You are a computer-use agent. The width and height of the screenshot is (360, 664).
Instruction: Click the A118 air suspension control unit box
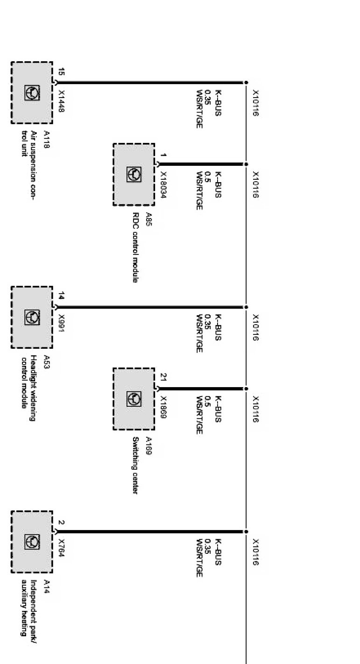coord(32,92)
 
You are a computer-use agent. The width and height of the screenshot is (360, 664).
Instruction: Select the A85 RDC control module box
coord(134,174)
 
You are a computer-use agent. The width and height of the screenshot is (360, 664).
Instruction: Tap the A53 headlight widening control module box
coord(32,317)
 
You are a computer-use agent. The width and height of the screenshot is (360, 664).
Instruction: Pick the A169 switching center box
coord(134,399)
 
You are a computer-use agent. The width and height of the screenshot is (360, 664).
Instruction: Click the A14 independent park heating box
coord(32,542)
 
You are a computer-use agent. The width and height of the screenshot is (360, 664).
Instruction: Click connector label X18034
coord(163,185)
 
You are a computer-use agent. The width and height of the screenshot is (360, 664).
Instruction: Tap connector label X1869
coord(163,408)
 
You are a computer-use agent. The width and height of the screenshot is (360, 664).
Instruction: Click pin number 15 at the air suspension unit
coord(61,72)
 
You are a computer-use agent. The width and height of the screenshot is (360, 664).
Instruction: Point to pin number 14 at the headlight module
coord(61,296)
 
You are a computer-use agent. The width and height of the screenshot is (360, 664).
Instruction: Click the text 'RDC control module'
coord(135,247)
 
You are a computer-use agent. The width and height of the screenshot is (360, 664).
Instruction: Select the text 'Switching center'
coord(135,465)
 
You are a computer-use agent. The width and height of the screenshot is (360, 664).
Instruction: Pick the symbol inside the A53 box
coord(32,317)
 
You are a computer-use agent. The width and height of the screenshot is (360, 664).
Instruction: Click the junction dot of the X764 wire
coord(246,531)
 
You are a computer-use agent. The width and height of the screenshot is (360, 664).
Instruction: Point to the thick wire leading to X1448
coord(149,83)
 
